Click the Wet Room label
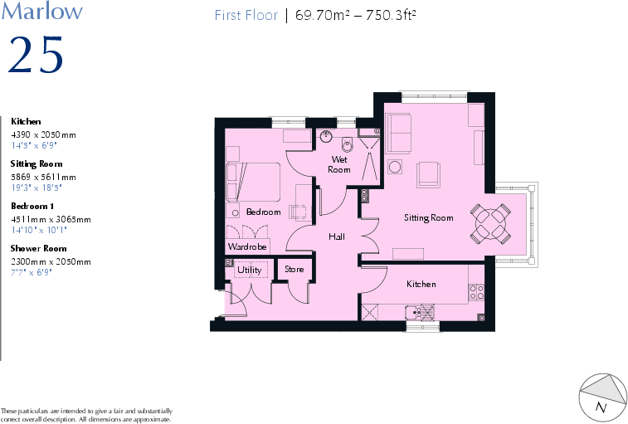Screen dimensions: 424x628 (x=340, y=164)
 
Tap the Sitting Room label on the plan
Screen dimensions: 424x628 (x=428, y=218)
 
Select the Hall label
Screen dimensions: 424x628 (x=337, y=237)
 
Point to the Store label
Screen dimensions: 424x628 (x=295, y=270)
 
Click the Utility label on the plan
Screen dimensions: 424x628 (x=249, y=270)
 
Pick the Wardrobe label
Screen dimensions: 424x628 (x=246, y=247)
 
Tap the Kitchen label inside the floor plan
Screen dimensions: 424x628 (x=421, y=285)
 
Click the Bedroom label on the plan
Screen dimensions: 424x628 (x=263, y=212)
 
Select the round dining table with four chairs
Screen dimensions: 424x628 (x=489, y=222)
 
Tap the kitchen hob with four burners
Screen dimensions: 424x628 (x=477, y=291)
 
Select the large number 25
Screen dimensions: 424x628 (x=35, y=55)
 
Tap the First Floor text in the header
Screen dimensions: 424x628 (x=246, y=15)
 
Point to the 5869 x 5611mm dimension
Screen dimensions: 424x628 (x=43, y=177)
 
